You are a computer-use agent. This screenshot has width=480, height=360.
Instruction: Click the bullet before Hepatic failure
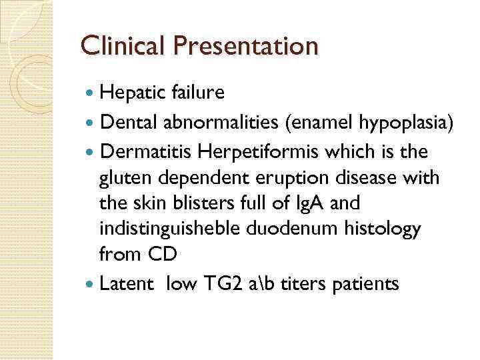click(x=91, y=93)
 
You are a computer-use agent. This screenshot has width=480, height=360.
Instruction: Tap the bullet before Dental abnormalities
click(x=91, y=123)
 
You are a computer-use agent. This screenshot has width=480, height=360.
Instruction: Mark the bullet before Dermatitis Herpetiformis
click(x=91, y=152)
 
